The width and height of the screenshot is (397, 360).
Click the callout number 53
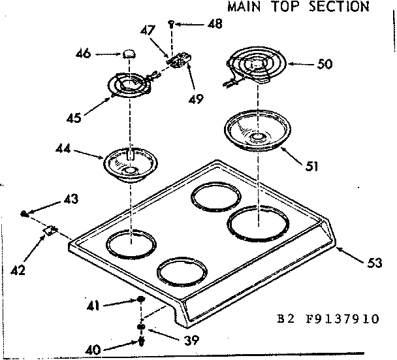click(x=374, y=264)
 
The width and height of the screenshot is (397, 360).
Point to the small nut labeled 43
click(x=24, y=213)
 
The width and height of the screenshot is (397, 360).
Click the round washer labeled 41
click(x=141, y=300)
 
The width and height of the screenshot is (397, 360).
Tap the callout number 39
click(x=191, y=340)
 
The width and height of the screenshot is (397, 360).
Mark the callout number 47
click(x=147, y=29)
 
